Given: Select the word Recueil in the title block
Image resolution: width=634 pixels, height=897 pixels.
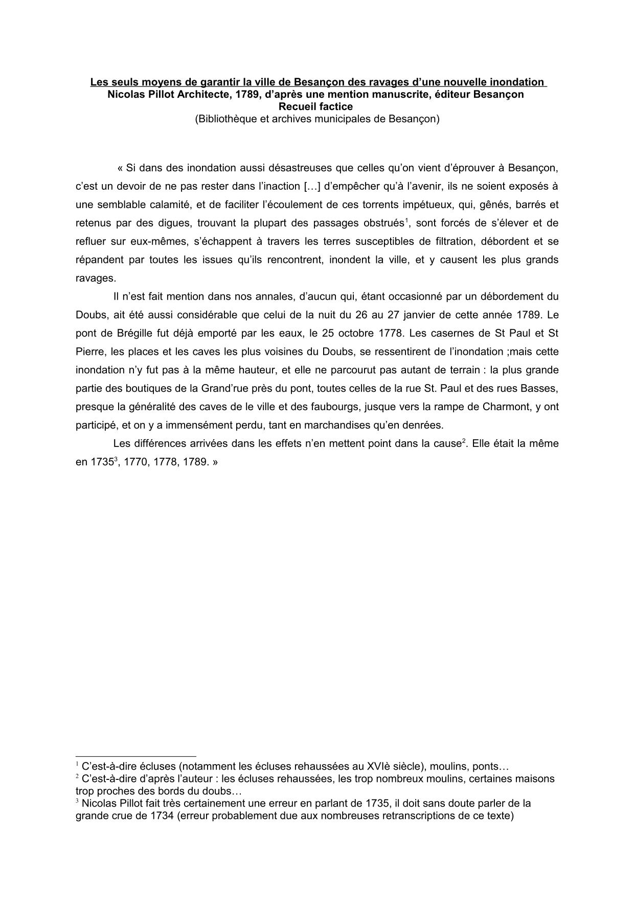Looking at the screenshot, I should tap(297, 106).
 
